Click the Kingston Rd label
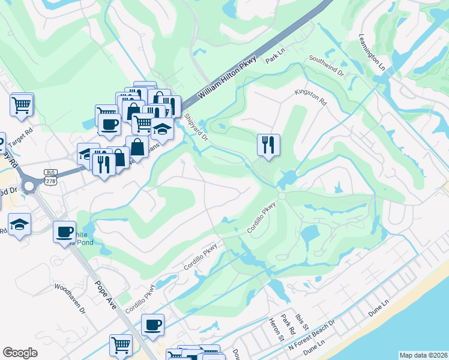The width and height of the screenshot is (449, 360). [x=310, y=98]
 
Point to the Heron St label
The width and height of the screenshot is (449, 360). [x=277, y=329]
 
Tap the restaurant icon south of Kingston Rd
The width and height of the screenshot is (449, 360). [x=268, y=145]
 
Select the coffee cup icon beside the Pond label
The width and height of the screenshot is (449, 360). [x=64, y=232]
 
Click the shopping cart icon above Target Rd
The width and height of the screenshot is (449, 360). [x=22, y=105]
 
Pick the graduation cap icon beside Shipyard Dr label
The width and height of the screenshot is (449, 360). [x=162, y=128]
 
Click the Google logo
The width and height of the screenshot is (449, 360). [x=20, y=353]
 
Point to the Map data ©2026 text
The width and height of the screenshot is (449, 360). [x=423, y=355]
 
